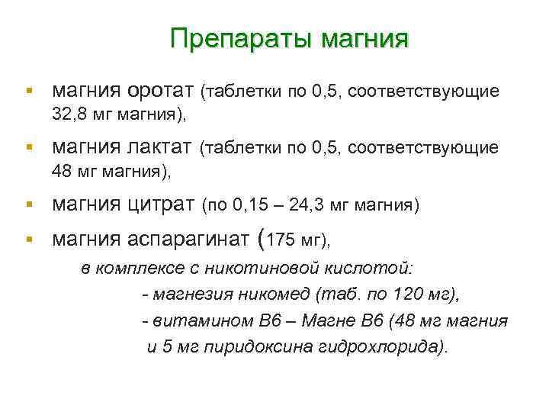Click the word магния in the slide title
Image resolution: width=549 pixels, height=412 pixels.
(365, 38)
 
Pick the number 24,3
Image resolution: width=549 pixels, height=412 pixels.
(333, 204)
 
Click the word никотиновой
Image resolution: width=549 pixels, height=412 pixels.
(291, 269)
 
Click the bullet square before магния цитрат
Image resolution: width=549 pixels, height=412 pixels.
(28, 204)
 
